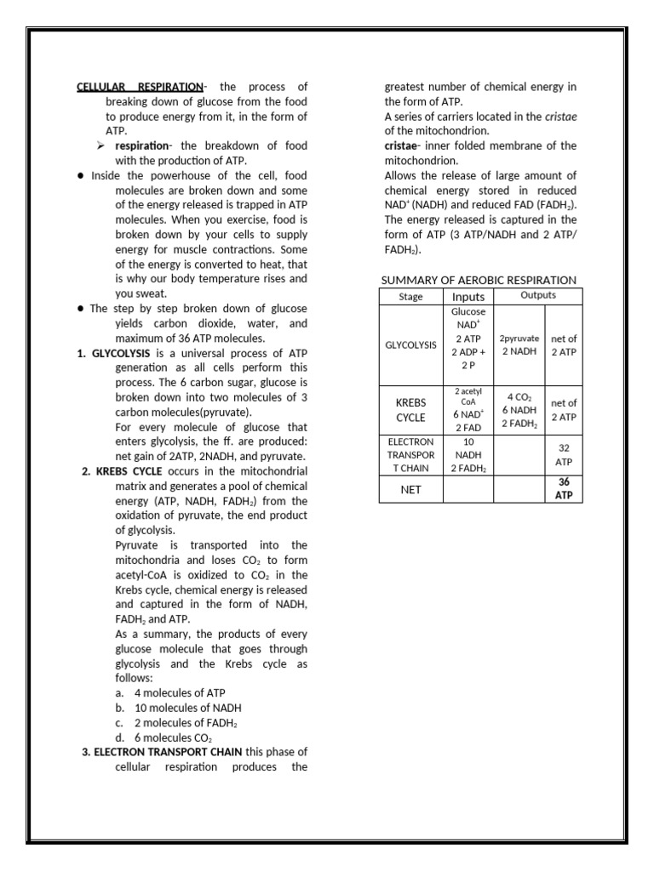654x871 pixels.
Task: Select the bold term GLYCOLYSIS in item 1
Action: tap(121, 353)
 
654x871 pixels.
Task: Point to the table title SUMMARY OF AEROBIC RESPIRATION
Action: tap(479, 280)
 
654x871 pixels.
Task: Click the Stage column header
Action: tap(410, 297)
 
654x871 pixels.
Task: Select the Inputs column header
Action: tap(468, 297)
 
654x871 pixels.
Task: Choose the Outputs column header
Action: tap(538, 295)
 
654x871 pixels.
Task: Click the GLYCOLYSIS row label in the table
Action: tap(410, 345)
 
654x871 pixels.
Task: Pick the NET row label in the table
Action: tap(410, 490)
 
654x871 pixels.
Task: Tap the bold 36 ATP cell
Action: tap(564, 488)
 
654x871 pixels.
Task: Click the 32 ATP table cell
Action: tap(564, 455)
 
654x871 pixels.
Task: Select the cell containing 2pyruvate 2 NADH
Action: tap(519, 344)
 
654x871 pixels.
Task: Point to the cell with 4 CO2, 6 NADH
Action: tap(519, 410)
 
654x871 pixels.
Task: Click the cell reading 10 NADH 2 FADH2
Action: tap(468, 455)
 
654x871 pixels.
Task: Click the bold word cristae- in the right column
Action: tap(405, 145)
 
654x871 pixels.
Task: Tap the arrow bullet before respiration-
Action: tap(100, 146)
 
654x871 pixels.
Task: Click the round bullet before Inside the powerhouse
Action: tap(79, 176)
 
